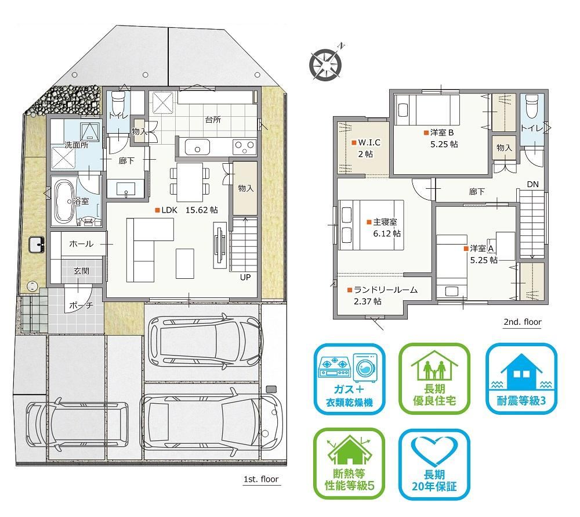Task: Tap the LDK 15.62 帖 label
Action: (x=187, y=210)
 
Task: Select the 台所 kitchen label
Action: (x=213, y=120)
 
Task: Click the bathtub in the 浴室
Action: (x=64, y=202)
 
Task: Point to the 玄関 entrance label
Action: (x=81, y=271)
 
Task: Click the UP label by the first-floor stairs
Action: (x=245, y=278)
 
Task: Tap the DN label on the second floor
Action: (x=532, y=184)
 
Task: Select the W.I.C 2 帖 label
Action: (x=366, y=148)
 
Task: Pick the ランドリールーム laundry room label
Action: (x=382, y=295)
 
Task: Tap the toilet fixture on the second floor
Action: (x=532, y=101)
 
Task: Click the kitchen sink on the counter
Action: (x=197, y=147)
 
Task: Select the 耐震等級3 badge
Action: (x=521, y=379)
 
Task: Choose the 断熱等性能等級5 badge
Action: (x=349, y=464)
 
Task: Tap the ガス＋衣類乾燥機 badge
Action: (x=350, y=379)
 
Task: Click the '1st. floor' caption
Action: (x=261, y=479)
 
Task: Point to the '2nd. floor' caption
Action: (x=523, y=322)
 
